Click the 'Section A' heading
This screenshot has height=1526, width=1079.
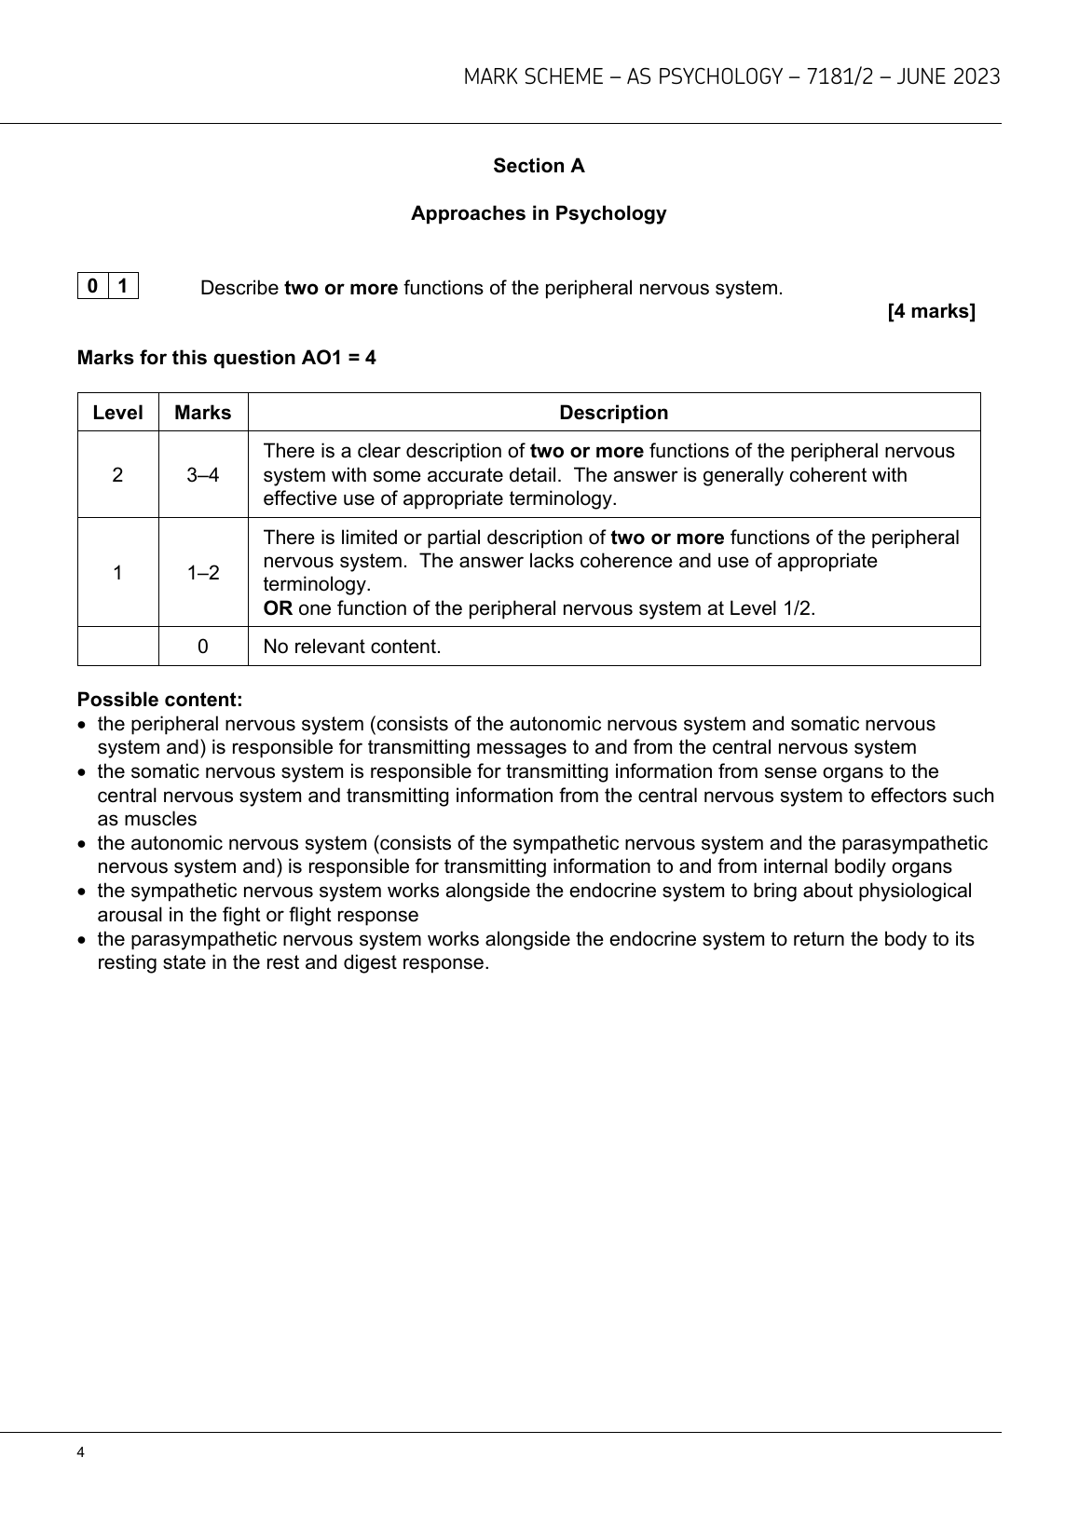(x=539, y=166)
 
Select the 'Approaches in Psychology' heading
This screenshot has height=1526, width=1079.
(x=539, y=213)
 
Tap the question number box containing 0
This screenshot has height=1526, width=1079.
(x=93, y=286)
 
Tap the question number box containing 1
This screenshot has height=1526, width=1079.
(x=123, y=286)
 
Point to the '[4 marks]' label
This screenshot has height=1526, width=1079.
(x=931, y=311)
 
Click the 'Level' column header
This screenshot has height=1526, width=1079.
(x=117, y=413)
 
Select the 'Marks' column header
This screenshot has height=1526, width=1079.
(x=202, y=413)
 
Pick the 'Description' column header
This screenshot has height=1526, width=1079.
(x=613, y=413)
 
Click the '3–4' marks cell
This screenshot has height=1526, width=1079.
(x=202, y=475)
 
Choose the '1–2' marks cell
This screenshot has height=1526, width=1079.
(x=202, y=573)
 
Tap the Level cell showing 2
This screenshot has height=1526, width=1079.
(x=117, y=475)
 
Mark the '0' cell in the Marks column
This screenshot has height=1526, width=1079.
(x=202, y=647)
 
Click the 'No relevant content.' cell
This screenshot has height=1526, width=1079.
(x=352, y=647)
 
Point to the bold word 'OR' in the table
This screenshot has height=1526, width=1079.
(x=278, y=609)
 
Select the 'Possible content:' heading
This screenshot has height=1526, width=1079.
(x=159, y=700)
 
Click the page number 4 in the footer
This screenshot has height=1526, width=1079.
(x=81, y=1453)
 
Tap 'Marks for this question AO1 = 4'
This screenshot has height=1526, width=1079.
(x=226, y=358)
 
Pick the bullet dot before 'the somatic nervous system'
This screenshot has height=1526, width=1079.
(x=84, y=772)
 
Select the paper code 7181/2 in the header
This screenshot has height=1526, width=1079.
(x=840, y=77)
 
